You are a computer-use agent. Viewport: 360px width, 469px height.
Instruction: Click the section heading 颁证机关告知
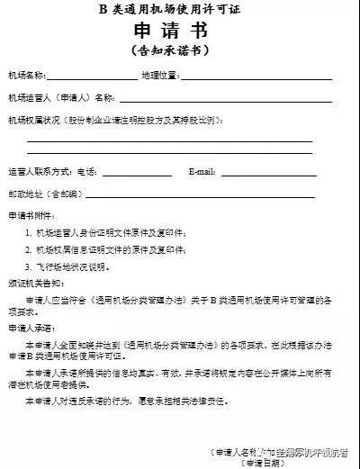37,285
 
